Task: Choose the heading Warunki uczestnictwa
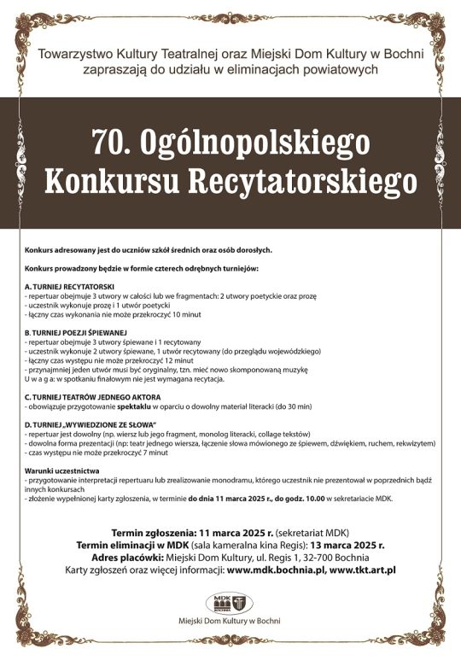point(63,471)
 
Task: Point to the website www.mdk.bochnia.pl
point(275,570)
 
